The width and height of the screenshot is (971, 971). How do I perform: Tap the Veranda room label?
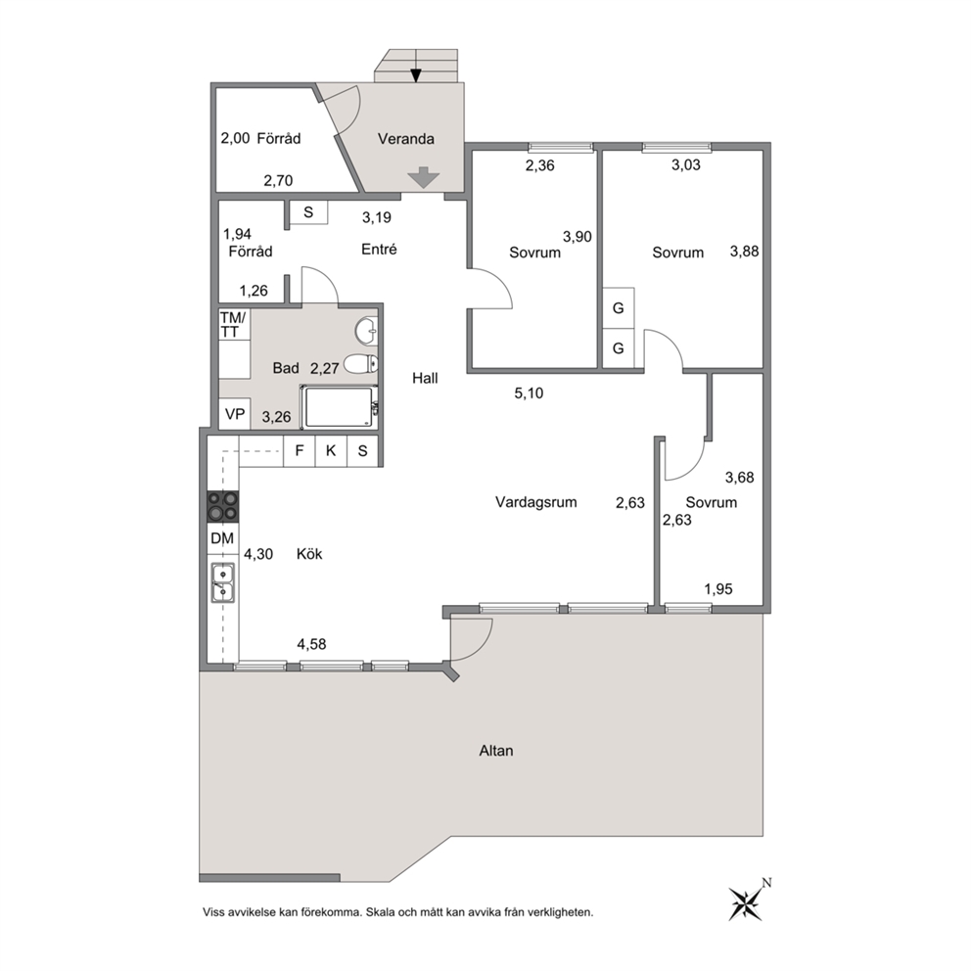pyautogui.click(x=405, y=139)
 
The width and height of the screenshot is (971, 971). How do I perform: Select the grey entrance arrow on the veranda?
pyautogui.click(x=424, y=177)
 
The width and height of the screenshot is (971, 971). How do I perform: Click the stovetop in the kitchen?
pyautogui.click(x=222, y=506)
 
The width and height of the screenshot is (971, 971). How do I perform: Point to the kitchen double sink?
pyautogui.click(x=222, y=582)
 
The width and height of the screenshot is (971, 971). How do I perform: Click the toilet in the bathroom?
pyautogui.click(x=360, y=364)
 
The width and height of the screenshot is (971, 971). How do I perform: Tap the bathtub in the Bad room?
pyautogui.click(x=339, y=407)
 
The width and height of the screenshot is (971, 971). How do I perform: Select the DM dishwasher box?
pyautogui.click(x=222, y=538)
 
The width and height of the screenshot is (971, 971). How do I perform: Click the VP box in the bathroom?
pyautogui.click(x=235, y=414)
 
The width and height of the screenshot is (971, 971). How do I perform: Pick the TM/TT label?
pyautogui.click(x=232, y=325)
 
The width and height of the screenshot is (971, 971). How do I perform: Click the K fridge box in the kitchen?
pyautogui.click(x=331, y=451)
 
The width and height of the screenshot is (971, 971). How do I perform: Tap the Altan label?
pyautogui.click(x=496, y=751)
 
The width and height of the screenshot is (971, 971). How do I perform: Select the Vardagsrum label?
pyautogui.click(x=535, y=502)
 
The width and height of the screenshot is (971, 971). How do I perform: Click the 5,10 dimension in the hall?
pyautogui.click(x=529, y=393)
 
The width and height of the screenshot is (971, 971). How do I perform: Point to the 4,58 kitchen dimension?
pyautogui.click(x=311, y=645)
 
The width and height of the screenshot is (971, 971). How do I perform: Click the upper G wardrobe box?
pyautogui.click(x=618, y=307)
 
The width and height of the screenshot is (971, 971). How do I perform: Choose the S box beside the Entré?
pyautogui.click(x=308, y=212)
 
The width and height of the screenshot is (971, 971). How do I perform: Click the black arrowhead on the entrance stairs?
pyautogui.click(x=416, y=75)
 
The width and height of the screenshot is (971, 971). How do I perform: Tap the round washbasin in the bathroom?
pyautogui.click(x=367, y=332)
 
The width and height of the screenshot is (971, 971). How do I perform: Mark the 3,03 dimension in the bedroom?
pyautogui.click(x=686, y=164)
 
